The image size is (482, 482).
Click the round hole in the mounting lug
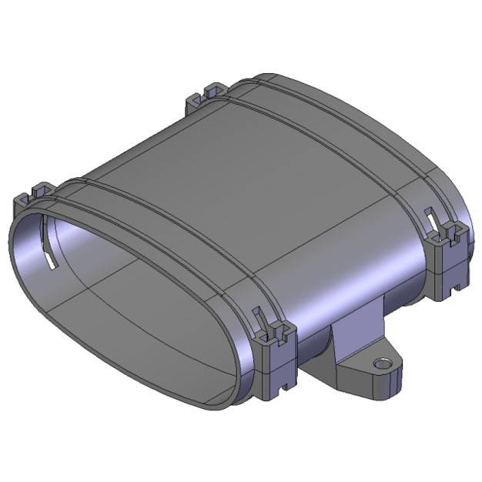[x=379, y=362]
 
